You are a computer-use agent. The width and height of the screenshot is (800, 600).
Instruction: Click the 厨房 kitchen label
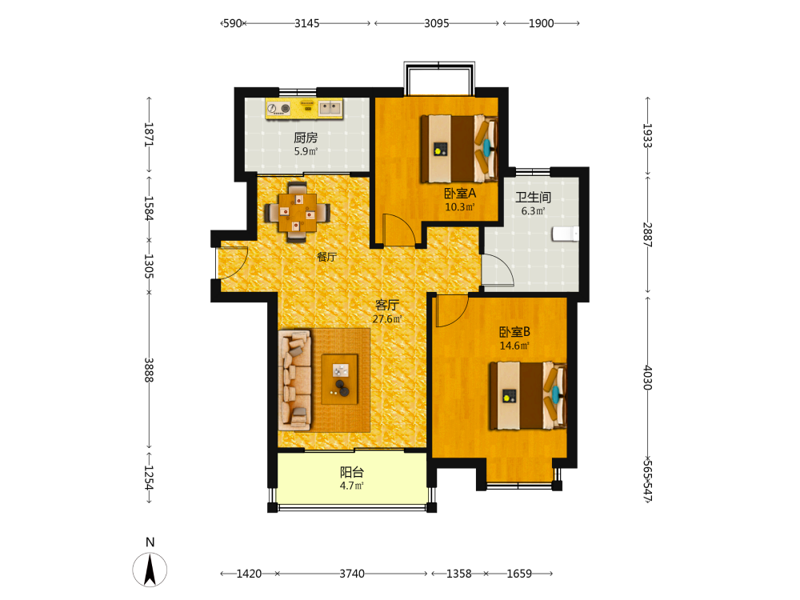[x=306, y=138]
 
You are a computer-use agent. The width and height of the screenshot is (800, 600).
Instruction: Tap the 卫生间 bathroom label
[x=533, y=198]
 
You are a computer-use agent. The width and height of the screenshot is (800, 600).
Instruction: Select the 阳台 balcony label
[x=352, y=473]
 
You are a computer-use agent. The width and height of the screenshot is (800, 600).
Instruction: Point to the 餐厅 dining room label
[x=326, y=257]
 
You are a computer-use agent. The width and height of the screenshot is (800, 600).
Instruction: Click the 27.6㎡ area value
[x=387, y=319]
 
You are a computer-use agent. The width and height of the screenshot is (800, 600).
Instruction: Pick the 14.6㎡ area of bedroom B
[x=514, y=346]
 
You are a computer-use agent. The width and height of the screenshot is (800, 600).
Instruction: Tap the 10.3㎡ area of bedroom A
[x=460, y=207]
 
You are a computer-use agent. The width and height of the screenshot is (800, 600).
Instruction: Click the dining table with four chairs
[x=297, y=212]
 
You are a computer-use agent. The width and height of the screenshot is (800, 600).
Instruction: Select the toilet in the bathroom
[x=566, y=234]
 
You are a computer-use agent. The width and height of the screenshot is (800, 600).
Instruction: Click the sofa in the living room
[x=295, y=380]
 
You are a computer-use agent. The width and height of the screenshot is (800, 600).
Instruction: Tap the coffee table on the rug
[x=339, y=379]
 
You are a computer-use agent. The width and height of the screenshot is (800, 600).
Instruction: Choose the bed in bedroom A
[x=458, y=149]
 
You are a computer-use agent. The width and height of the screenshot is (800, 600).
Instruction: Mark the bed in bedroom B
[x=528, y=396]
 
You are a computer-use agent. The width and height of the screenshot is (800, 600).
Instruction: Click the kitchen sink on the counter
[x=330, y=108]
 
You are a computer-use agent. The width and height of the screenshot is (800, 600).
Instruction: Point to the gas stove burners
[x=278, y=108]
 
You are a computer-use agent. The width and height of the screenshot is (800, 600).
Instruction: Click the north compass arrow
[x=150, y=570]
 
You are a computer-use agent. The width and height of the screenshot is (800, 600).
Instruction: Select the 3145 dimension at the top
[x=307, y=23]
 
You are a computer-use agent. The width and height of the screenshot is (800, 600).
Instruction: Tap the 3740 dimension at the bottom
[x=352, y=574]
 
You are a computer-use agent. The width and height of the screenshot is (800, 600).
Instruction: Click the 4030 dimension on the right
[x=647, y=378]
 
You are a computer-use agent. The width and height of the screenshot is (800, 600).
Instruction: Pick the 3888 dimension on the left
[x=149, y=370]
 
